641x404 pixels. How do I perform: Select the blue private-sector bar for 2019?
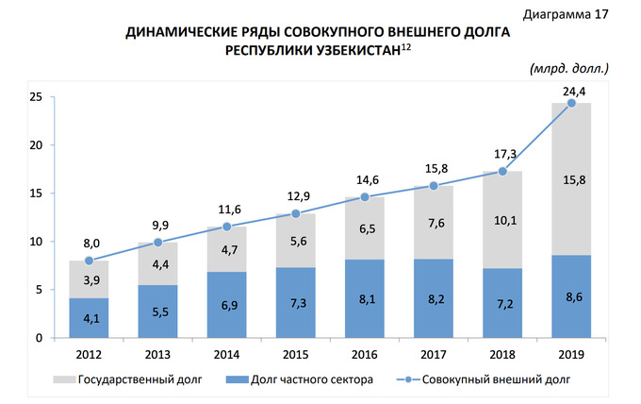pos(571,296)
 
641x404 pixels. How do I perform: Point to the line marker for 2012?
pos(89,261)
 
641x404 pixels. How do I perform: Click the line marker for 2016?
pos(365,197)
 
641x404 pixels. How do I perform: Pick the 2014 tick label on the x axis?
pos(226,354)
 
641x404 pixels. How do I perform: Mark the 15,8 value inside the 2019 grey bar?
pos(572,180)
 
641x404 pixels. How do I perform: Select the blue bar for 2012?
pos(89,318)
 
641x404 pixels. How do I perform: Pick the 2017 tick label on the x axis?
pos(434,354)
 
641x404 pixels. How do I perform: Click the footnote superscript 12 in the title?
pos(406,45)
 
